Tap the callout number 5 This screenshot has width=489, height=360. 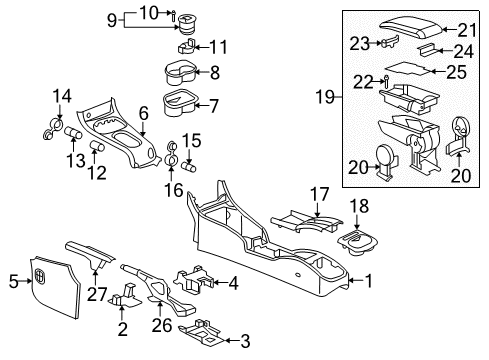point(14,281)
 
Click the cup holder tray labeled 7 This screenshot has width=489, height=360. point(179,102)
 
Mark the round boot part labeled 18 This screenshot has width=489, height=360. point(357,240)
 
